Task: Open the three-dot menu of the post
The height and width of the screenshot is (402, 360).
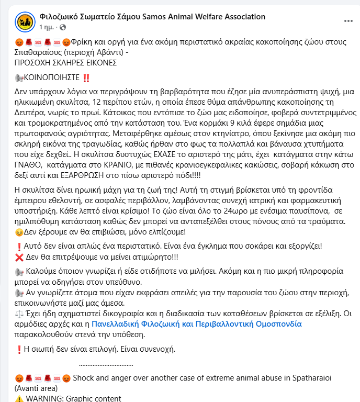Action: point(348,21)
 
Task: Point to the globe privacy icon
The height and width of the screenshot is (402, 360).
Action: point(63,27)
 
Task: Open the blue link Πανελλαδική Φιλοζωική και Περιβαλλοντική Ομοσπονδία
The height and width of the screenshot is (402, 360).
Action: point(197,324)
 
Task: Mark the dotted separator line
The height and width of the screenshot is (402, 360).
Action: point(106,363)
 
